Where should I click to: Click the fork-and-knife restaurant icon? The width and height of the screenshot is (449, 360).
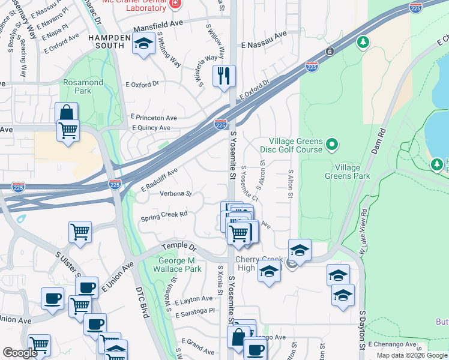pos(224,76)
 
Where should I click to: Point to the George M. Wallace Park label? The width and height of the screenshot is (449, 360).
pos(179,265)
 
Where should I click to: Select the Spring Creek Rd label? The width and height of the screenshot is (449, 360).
pos(164,214)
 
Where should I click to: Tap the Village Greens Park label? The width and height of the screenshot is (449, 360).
pos(351,172)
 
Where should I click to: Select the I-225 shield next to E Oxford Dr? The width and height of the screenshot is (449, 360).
pos(312,66)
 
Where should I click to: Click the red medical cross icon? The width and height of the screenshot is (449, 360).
pos(175,4)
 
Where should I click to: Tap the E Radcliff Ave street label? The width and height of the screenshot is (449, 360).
pos(159,180)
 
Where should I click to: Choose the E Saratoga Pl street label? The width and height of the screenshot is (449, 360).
pos(195,312)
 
